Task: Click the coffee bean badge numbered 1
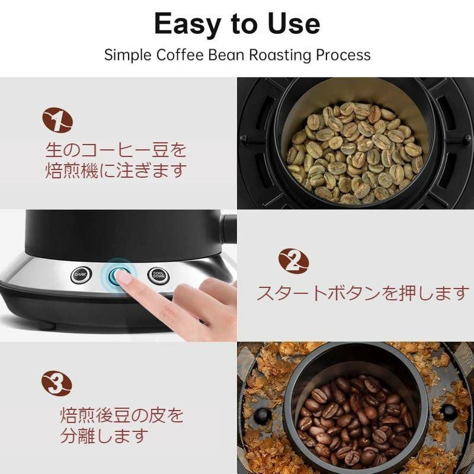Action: click(57, 121)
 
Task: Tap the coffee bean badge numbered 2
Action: click(293, 261)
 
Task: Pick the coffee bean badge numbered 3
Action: click(57, 384)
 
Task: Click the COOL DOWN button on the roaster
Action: click(159, 276)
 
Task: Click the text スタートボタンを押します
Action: click(363, 293)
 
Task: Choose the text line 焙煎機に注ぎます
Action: click(116, 171)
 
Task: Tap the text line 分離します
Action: click(103, 437)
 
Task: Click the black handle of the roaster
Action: click(228, 228)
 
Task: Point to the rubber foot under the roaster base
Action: click(45, 325)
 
